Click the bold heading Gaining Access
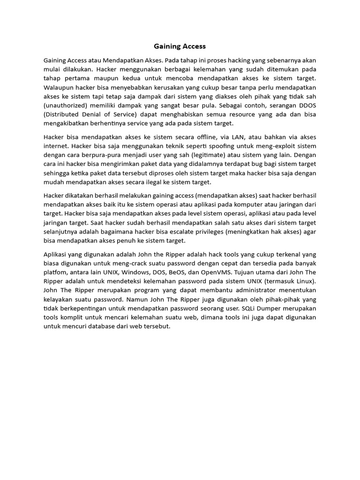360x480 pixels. click(180, 46)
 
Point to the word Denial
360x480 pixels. click(100, 115)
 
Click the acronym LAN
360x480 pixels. click(232, 137)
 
